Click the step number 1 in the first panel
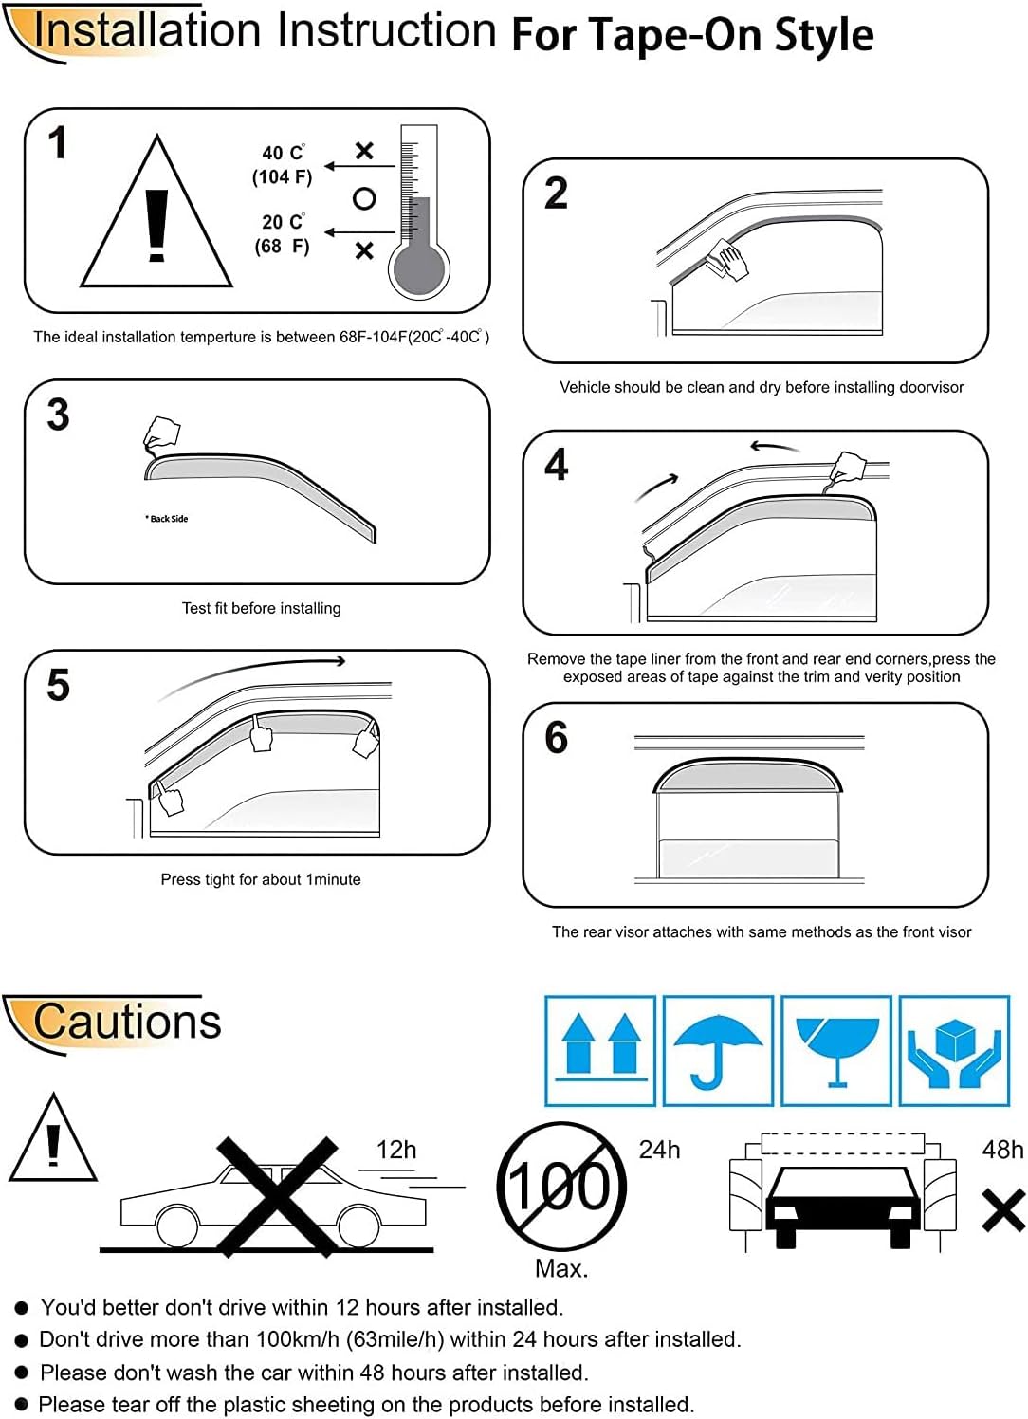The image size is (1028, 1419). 58,143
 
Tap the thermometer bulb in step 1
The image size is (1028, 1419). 417,271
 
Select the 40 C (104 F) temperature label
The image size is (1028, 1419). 283,165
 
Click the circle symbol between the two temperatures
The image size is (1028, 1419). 364,198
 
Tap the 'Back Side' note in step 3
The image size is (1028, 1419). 167,519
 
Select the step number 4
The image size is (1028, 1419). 557,465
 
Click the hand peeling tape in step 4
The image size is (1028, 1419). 847,468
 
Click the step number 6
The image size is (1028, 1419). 557,738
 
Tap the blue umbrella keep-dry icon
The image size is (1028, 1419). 718,1050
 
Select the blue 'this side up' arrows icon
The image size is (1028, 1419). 600,1050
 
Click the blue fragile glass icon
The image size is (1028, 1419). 836,1050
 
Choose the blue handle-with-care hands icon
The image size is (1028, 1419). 954,1050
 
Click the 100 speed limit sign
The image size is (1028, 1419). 561,1187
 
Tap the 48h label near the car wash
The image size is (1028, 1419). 1002,1150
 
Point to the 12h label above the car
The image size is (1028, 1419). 396,1150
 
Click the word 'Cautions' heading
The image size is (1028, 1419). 127,1022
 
